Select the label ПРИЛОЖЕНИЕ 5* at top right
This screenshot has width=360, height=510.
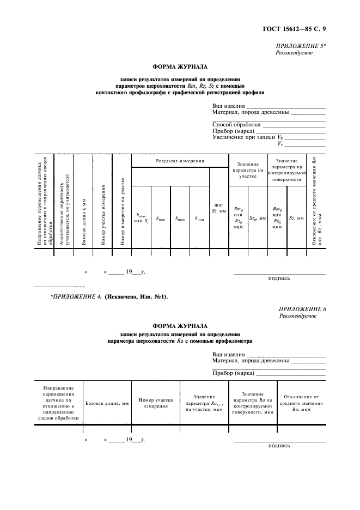(x=301, y=47)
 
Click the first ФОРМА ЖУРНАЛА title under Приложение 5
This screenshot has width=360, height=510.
(x=180, y=67)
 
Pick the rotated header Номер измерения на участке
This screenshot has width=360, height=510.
(x=123, y=210)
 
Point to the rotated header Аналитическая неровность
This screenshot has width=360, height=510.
(x=65, y=210)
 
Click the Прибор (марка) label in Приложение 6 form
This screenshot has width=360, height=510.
(x=234, y=373)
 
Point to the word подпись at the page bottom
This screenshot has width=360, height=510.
(x=279, y=445)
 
